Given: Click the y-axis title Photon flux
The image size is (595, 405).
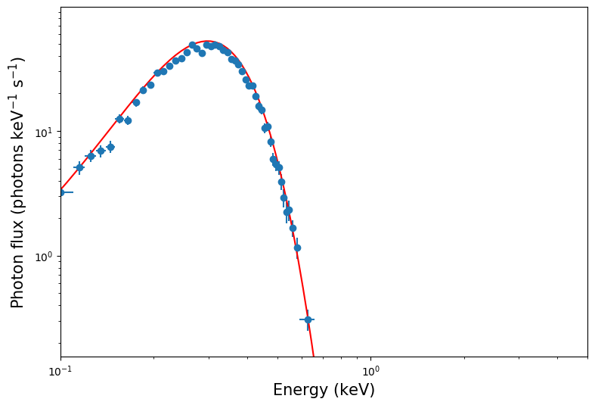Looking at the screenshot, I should click(18, 182).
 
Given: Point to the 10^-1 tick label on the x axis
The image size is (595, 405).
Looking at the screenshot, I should click(60, 371).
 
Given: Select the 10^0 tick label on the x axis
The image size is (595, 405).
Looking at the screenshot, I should click(370, 371).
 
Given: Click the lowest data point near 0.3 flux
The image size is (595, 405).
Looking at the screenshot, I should click(308, 319).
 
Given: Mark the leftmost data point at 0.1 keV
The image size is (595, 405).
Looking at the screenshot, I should click(61, 192).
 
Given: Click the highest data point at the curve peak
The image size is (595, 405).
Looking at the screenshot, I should click(192, 45).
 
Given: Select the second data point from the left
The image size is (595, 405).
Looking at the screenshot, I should click(79, 167).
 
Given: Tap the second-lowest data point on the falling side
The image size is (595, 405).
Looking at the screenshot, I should click(297, 248).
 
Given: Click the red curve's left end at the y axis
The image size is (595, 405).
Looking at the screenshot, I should click(61, 190).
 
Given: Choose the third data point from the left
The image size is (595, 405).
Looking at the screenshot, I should click(91, 156).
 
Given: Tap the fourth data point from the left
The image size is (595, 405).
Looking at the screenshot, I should click(101, 151).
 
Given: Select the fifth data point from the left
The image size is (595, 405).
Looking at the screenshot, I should click(110, 147).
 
